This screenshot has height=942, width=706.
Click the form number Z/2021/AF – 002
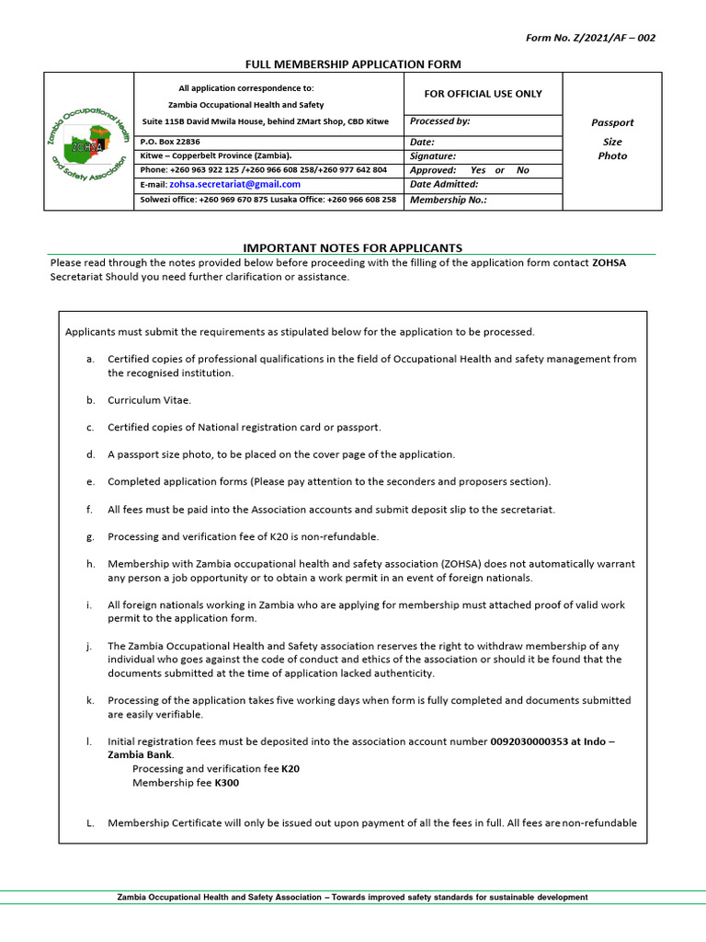point(590,38)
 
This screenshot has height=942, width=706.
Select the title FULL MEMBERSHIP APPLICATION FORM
point(352,63)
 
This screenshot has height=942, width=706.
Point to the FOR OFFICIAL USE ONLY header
point(482,94)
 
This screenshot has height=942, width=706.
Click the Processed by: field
point(482,121)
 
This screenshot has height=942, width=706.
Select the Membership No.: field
point(482,200)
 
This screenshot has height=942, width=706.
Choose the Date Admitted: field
point(482,184)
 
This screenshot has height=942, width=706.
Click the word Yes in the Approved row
point(477,170)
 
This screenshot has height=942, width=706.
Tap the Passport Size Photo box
point(611,140)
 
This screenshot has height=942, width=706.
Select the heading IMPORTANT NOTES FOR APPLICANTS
point(352,247)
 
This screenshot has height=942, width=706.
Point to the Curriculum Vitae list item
point(149,400)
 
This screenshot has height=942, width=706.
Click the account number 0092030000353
point(529,741)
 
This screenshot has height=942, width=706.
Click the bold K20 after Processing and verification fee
point(290,768)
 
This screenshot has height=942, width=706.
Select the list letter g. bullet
point(90,536)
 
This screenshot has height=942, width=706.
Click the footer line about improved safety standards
point(352,897)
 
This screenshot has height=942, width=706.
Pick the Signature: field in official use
point(482,156)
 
